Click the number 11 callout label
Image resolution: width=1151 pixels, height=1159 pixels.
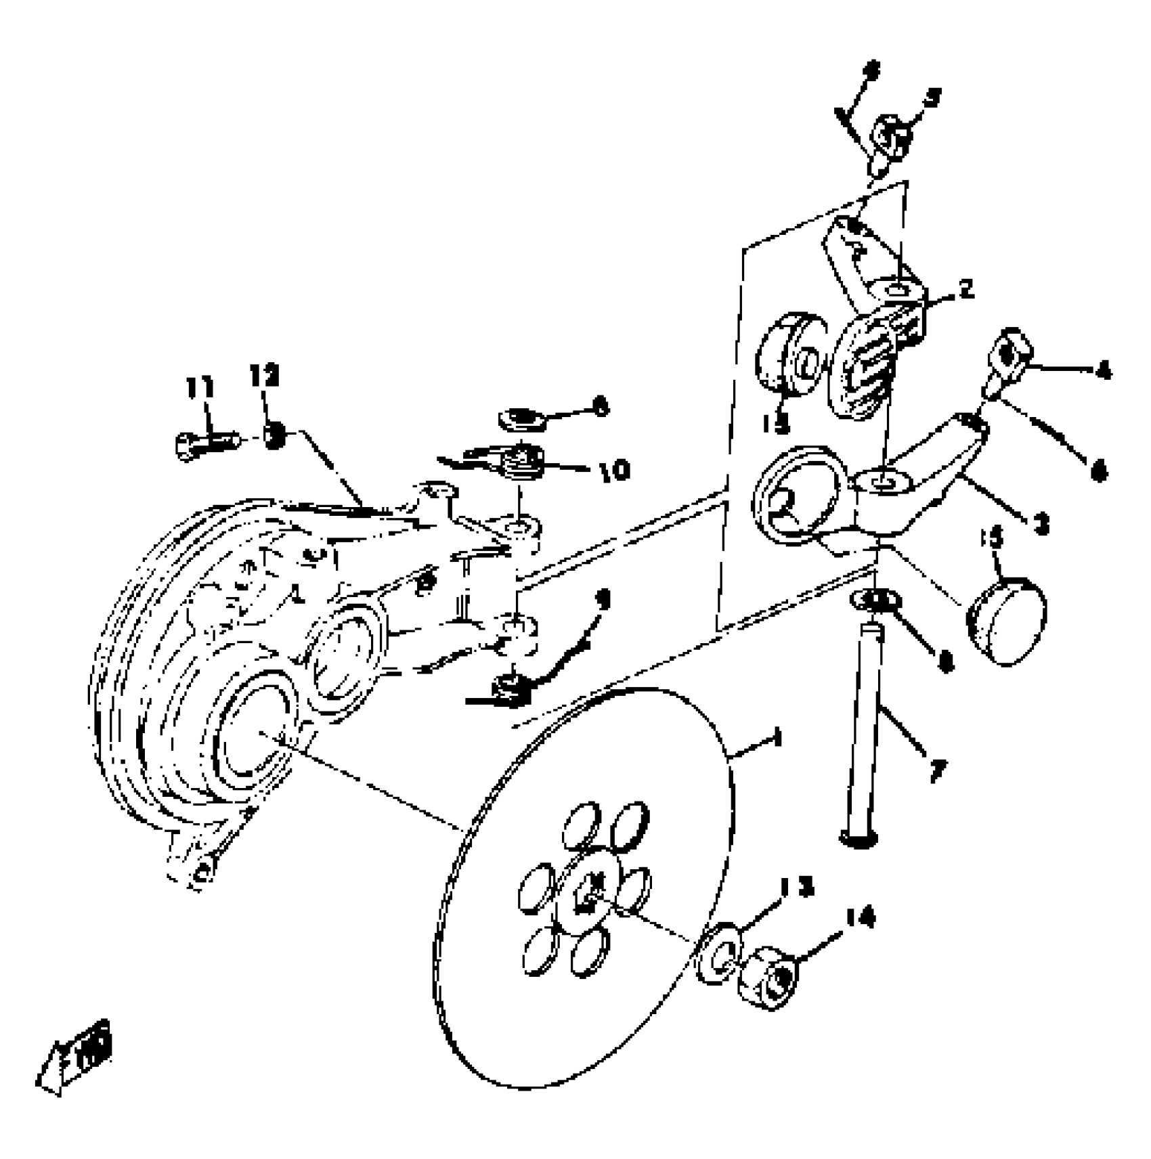(x=200, y=388)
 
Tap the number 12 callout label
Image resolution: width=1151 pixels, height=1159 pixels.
(x=264, y=376)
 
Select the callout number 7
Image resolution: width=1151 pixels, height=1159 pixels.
(x=938, y=770)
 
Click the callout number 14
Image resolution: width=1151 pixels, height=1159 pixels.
(x=860, y=918)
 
